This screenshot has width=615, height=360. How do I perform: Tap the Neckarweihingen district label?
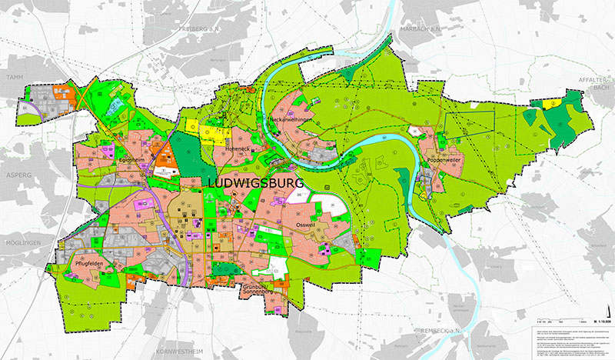click(291, 122)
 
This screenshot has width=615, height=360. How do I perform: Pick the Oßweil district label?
click(308, 225)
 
